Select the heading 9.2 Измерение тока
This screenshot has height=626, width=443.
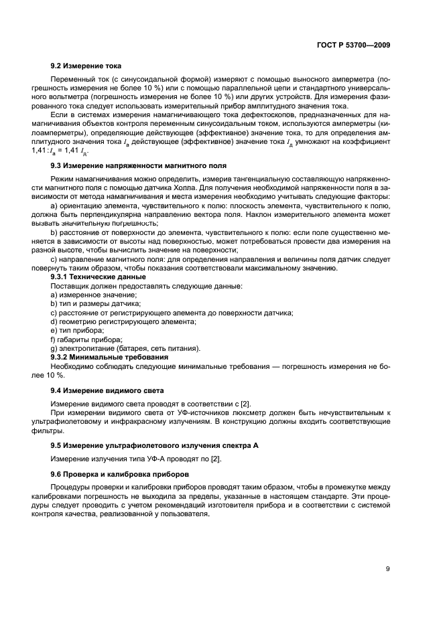coord(86,67)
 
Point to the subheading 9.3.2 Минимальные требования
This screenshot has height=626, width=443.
coord(109,357)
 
